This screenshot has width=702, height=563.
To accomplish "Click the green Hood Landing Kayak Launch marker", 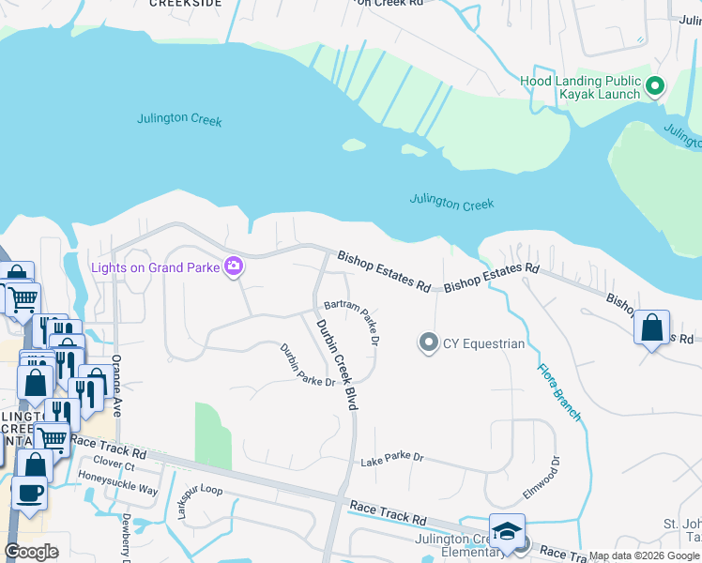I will pyautogui.click(x=655, y=86).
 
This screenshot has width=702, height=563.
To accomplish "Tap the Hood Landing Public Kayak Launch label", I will pyautogui.click(x=581, y=87).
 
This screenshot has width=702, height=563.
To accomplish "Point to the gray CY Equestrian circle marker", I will pyautogui.click(x=428, y=342).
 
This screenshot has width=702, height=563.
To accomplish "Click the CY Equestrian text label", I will pyautogui.click(x=483, y=343).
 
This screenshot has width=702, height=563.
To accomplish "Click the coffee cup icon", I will pyautogui.click(x=29, y=492).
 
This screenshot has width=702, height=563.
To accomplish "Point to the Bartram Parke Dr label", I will pyautogui.click(x=351, y=322).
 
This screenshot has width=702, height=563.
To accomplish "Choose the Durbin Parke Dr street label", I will pyautogui.click(x=307, y=366).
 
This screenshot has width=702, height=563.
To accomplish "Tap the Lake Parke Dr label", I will pyautogui.click(x=392, y=459).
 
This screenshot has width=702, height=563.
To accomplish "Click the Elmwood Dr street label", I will pyautogui.click(x=541, y=479).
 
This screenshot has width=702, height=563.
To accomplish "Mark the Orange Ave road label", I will pyautogui.click(x=117, y=390).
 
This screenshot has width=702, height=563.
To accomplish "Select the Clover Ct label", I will pyautogui.click(x=114, y=464).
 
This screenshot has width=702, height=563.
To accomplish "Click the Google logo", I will pyautogui.click(x=32, y=552).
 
